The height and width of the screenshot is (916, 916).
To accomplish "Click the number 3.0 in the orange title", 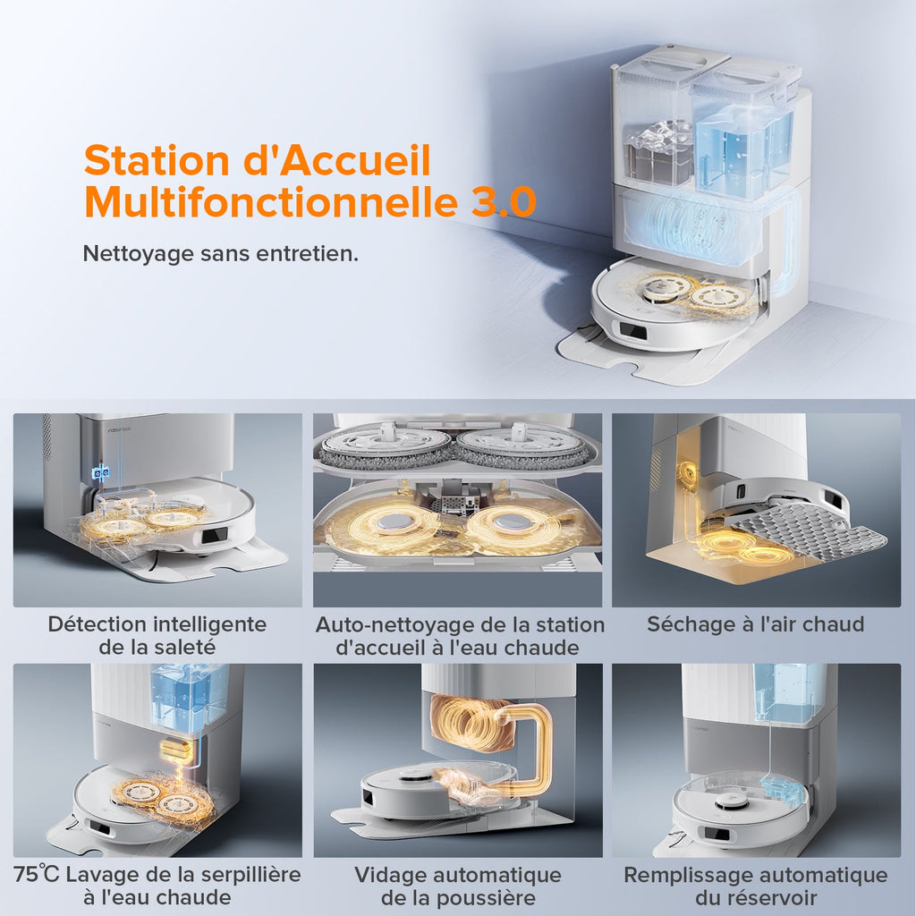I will click(504, 201).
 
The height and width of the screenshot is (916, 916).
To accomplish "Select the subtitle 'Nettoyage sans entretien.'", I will click(220, 253).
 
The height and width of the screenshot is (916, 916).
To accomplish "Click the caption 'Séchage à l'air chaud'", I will click(756, 624).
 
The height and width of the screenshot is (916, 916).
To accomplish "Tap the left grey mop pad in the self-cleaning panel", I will click(386, 447).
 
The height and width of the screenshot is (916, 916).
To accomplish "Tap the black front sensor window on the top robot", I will click(633, 333).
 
